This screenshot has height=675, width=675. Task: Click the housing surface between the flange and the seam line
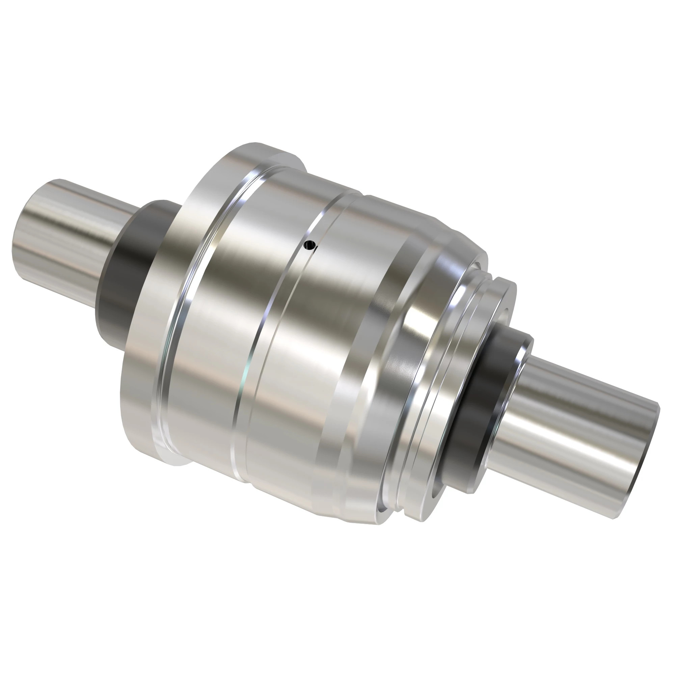click(x=224, y=332)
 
